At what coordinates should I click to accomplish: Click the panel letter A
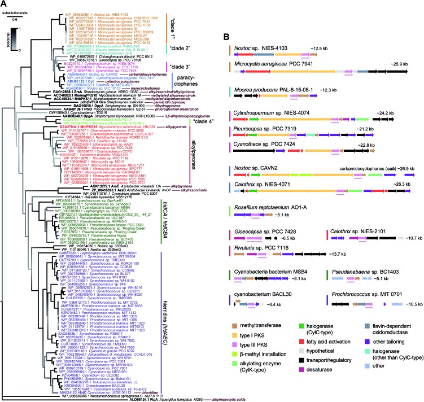click(5, 5)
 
